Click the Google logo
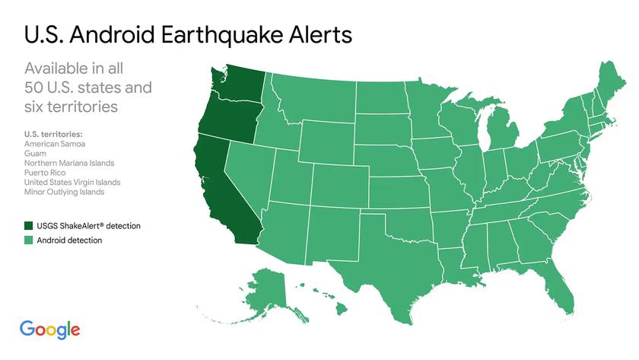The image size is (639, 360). pos(50,329)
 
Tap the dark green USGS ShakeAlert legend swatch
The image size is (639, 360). pos(30,226)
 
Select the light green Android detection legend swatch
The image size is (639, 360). pos(30,241)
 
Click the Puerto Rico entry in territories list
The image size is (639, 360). pos(45,173)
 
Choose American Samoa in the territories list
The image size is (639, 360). pos(55,143)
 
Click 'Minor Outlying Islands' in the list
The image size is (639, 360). pos(64,193)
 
